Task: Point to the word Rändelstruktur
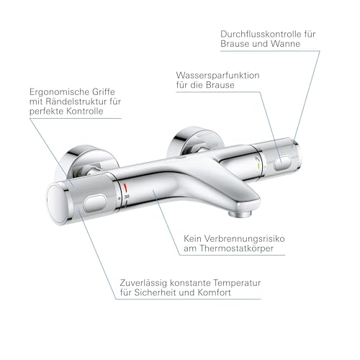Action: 77,102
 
